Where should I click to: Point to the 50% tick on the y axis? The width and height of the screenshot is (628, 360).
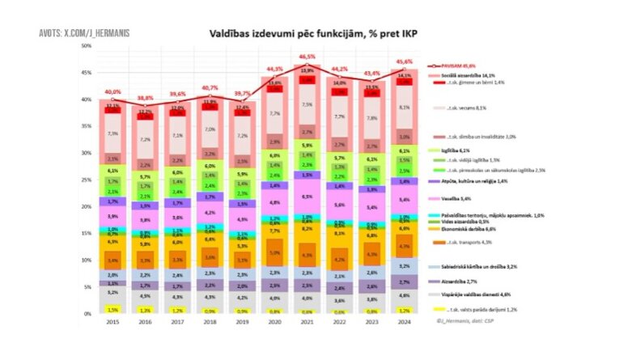coord(87,46)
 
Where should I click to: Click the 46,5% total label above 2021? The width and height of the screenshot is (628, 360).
coord(307,57)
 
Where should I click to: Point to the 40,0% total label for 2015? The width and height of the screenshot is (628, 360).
coord(112,91)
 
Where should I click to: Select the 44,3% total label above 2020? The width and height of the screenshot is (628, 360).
coord(274,69)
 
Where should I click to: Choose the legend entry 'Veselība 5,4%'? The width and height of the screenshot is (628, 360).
coord(455,197)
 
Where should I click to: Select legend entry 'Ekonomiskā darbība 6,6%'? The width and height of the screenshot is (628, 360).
coord(467,229)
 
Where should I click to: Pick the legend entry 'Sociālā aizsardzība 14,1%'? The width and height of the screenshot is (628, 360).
coord(468,74)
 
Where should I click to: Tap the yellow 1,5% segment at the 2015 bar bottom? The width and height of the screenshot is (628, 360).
coord(112,309)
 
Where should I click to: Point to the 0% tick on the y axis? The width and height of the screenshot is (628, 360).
coord(88,314)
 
